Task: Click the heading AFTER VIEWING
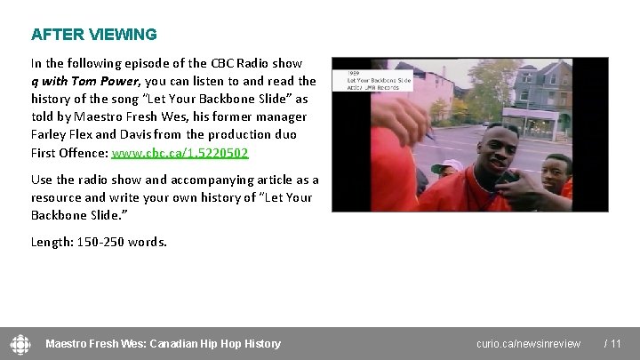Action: (93, 35)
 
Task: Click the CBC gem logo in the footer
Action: (20, 343)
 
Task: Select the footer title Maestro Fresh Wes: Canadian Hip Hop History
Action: (163, 344)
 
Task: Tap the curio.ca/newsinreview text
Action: (528, 344)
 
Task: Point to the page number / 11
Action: (612, 344)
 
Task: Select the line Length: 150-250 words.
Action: (99, 241)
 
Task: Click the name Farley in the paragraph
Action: (49, 134)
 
